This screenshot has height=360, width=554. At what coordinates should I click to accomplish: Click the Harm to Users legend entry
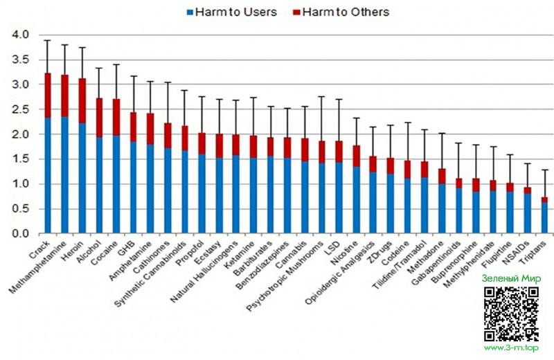coord(231,12)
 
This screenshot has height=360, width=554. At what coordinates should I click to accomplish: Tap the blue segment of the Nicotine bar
coord(355,200)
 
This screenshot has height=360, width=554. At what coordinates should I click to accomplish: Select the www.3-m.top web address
coord(513,348)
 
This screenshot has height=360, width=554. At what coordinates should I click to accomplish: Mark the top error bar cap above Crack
coord(47,40)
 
